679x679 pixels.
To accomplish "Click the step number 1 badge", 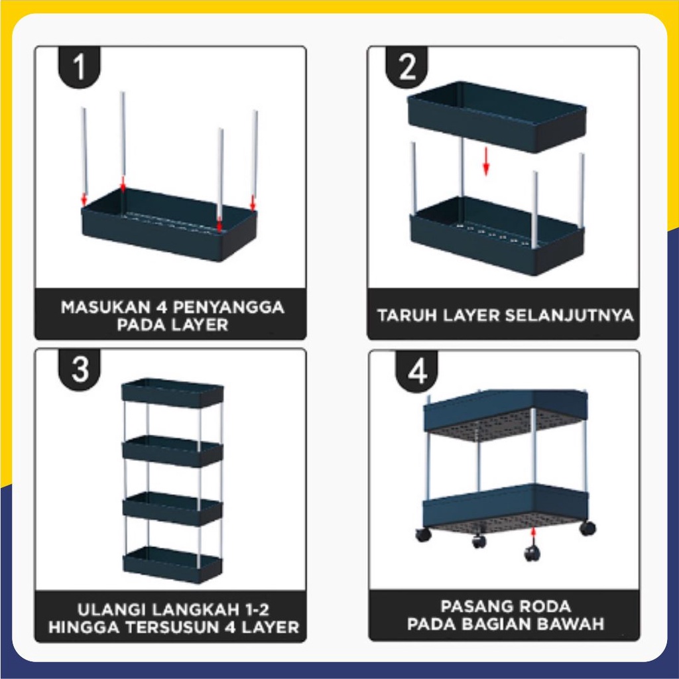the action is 80,66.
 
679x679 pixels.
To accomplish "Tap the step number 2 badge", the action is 406,66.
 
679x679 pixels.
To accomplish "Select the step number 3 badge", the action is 80,369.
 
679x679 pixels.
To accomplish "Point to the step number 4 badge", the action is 416,371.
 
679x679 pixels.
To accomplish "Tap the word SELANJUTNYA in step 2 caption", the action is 568,315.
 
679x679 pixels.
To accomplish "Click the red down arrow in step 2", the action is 486,162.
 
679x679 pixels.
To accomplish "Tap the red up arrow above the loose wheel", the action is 533,536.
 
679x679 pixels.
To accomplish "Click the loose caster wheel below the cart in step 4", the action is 532,554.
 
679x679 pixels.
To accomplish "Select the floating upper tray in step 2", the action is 497,117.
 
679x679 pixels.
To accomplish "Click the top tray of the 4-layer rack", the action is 172,393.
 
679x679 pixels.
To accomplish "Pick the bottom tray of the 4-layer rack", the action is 172,565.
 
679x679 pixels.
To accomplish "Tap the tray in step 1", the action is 169,225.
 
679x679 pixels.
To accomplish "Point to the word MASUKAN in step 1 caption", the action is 103,308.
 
